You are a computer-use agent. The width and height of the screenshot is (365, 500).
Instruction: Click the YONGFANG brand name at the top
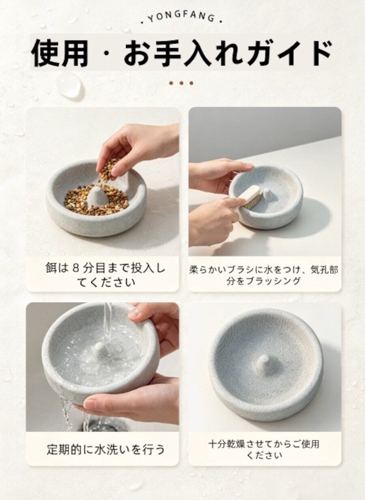[x=182, y=18]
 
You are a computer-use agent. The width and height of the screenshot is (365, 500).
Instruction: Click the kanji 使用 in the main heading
[x=59, y=53]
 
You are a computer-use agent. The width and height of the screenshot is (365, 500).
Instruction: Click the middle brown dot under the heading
[x=181, y=83]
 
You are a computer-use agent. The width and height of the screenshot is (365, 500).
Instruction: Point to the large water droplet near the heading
[x=70, y=85]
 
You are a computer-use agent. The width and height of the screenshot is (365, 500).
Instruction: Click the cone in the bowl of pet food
[x=97, y=197]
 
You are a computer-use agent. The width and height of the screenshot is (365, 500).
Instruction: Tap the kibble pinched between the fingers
[x=109, y=170]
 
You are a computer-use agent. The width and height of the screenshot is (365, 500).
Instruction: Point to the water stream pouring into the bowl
[x=108, y=322]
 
